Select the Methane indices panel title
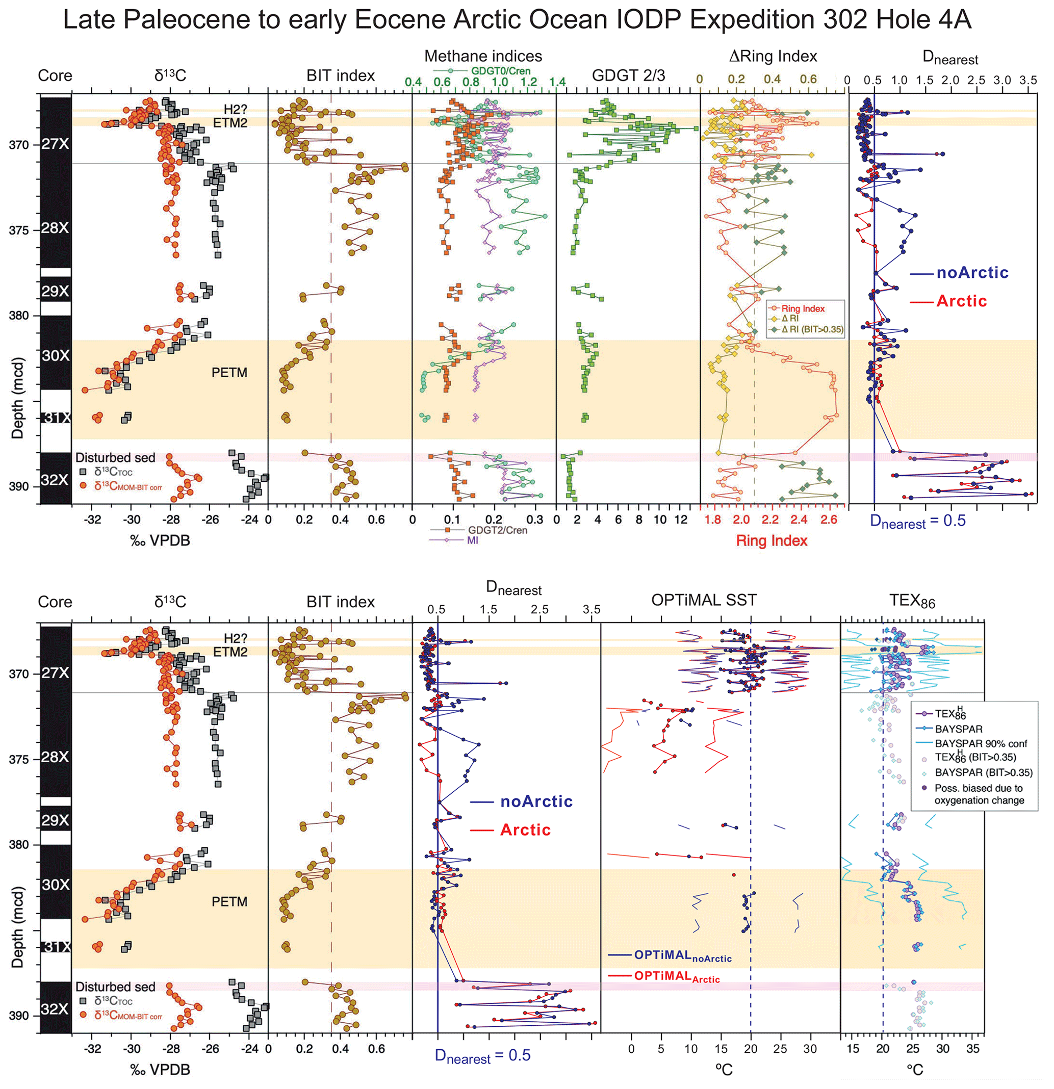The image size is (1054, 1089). click(483, 56)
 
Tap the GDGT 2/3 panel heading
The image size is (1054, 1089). click(628, 75)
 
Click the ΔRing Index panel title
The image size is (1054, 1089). click(773, 56)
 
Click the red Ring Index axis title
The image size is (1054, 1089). click(771, 540)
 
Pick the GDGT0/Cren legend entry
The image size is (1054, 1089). click(500, 71)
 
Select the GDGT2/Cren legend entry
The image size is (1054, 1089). click(497, 530)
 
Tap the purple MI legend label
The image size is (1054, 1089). click(472, 540)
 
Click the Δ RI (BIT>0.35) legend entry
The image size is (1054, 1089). click(812, 329)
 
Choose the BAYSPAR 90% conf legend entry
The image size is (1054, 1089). click(981, 743)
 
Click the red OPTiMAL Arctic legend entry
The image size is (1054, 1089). click(676, 976)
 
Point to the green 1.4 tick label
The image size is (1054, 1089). click(557, 82)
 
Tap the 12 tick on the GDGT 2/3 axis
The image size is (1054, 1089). click(681, 520)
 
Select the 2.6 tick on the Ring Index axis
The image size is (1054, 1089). click(829, 520)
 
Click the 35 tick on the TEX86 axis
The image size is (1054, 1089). click(972, 1049)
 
